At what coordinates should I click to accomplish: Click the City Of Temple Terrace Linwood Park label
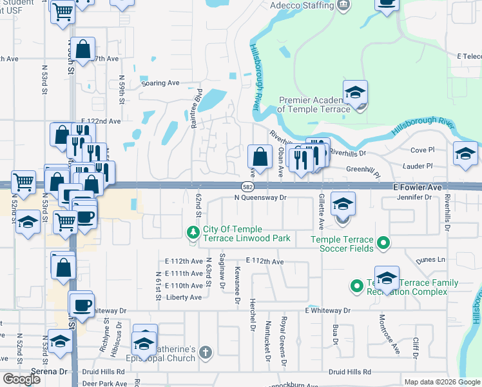point(246,234)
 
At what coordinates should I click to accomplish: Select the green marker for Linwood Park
point(192,232)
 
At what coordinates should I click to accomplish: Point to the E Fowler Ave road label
point(417,186)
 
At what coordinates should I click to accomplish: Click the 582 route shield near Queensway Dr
point(247,186)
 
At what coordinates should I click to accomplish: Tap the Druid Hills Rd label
point(349,372)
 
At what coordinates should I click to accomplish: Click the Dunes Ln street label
point(432,260)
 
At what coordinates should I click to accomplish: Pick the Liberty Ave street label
point(184,297)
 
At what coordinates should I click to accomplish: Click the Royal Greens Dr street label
point(284,351)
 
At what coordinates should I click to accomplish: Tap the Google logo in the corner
point(21,379)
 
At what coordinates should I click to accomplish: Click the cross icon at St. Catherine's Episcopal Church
point(205,353)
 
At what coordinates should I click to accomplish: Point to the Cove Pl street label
point(423,150)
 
